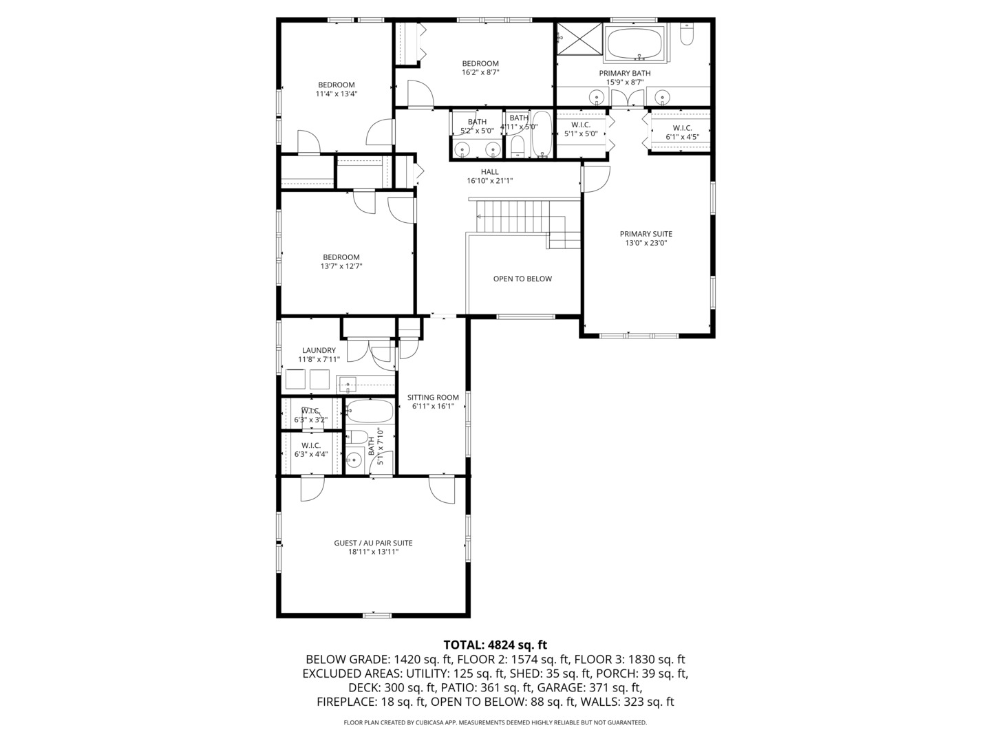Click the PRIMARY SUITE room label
(x=646, y=234)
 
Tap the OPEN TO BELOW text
(x=522, y=279)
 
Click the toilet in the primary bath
(x=687, y=34)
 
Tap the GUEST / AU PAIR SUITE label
(x=373, y=543)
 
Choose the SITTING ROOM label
(x=433, y=398)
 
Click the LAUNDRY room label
(x=319, y=350)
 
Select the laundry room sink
(x=348, y=385)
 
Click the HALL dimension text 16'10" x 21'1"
(x=490, y=181)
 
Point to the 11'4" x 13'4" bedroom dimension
(x=337, y=94)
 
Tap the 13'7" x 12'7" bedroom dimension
(x=341, y=266)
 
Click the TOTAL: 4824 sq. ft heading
(x=495, y=645)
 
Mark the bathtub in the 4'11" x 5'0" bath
(x=542, y=134)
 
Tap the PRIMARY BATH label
(x=625, y=73)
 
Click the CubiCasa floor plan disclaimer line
(x=495, y=722)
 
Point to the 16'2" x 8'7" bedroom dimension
(x=480, y=72)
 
